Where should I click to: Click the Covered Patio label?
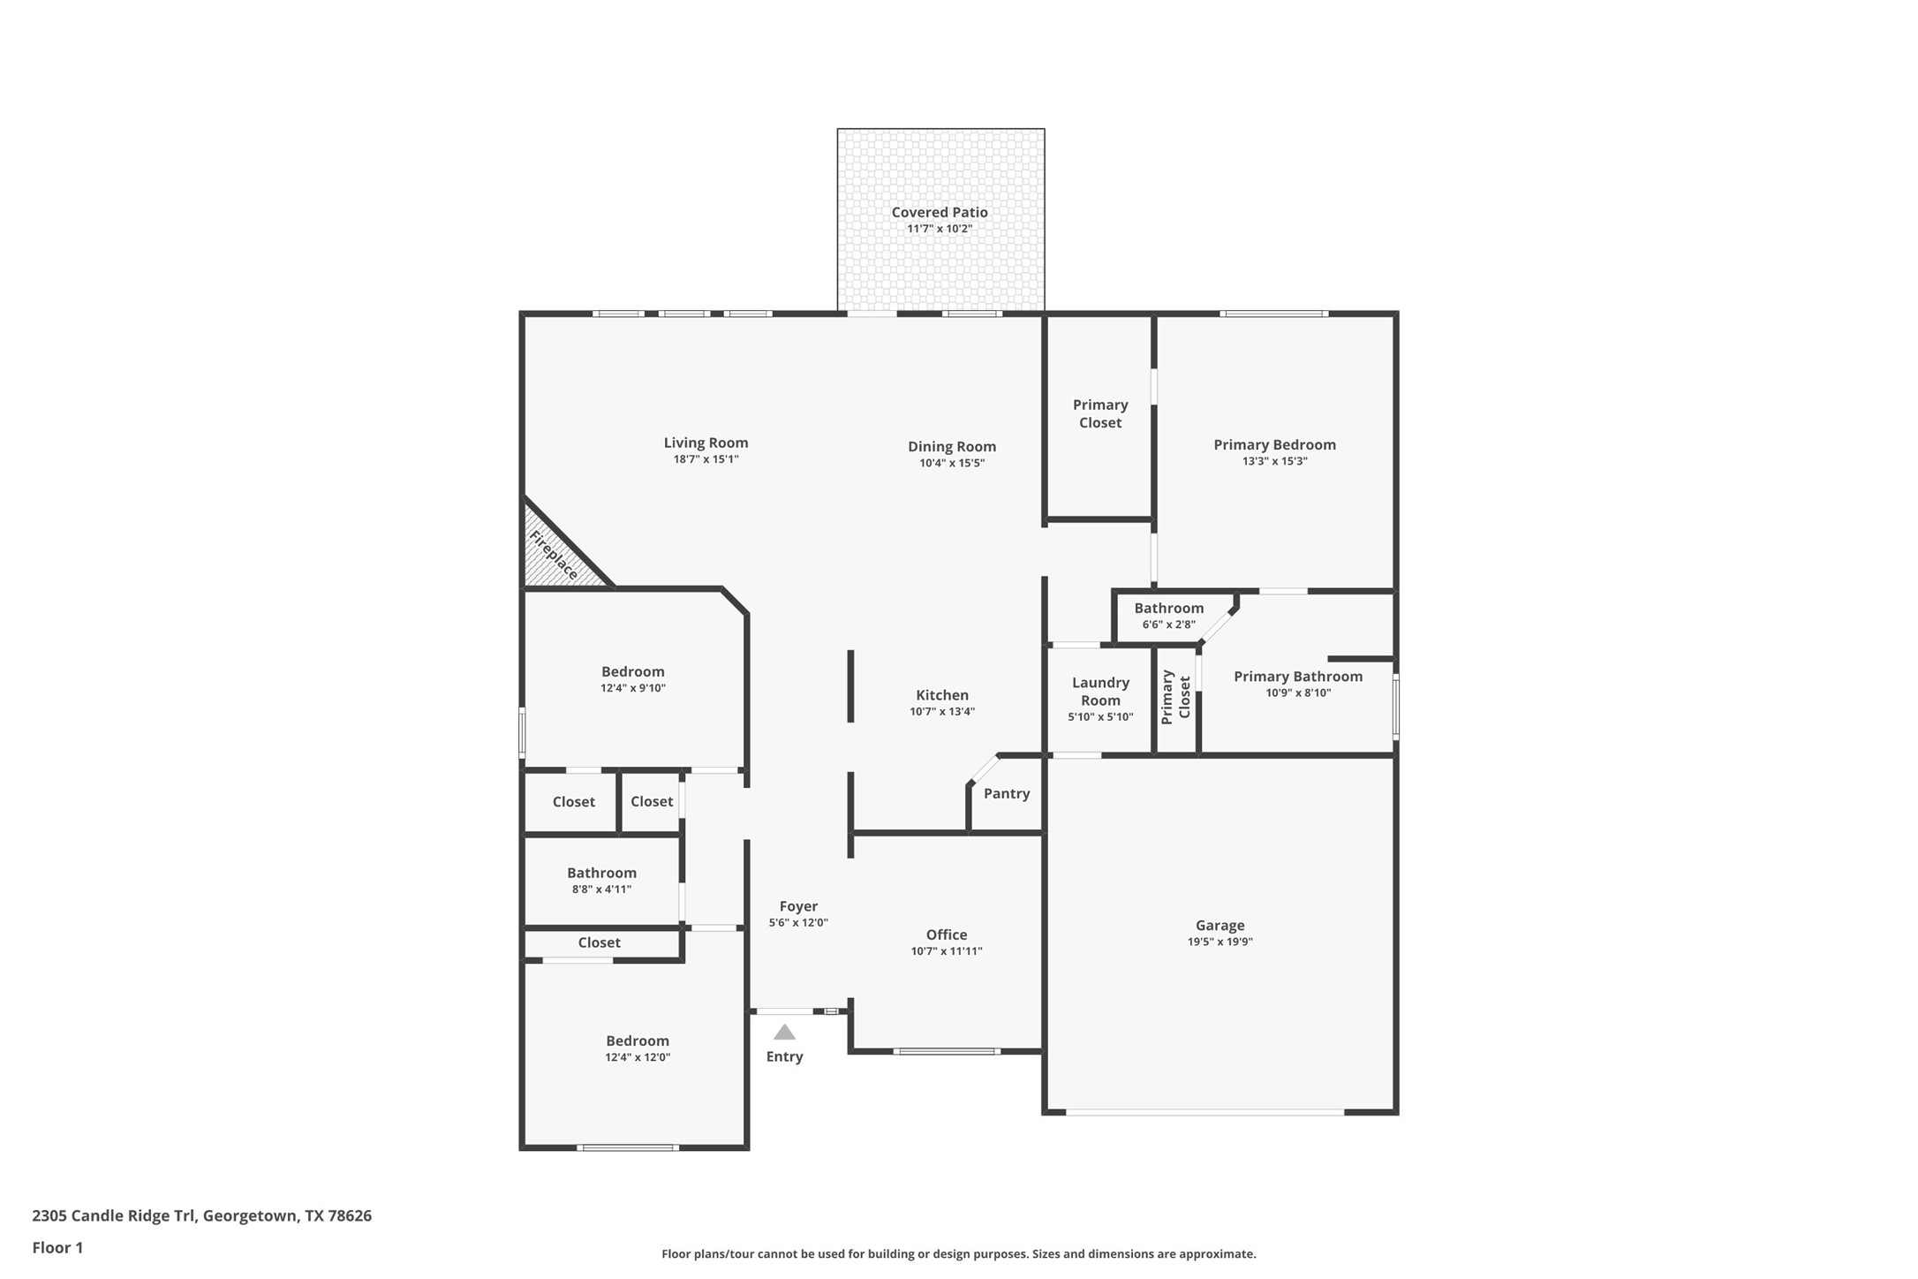point(939,212)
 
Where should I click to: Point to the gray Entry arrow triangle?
point(784,1032)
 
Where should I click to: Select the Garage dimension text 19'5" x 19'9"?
point(1220,942)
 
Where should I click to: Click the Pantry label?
point(1006,793)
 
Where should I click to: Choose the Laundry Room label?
point(1100,691)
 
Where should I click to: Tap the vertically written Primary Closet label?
point(1175,697)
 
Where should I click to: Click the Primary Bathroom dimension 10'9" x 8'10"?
point(1297,692)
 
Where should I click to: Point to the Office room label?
point(946,935)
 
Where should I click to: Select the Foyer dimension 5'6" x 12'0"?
point(797,922)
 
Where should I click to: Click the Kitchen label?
point(941,695)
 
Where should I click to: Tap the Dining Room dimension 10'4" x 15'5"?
point(951,463)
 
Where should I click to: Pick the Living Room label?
point(706,443)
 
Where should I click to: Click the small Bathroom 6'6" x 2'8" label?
point(1168,608)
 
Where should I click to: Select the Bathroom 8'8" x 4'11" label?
point(601,873)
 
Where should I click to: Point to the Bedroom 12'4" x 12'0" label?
point(637,1041)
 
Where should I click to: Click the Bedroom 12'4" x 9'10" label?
point(632,671)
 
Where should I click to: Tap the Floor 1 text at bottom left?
point(57,1247)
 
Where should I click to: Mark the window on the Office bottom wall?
point(946,1051)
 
